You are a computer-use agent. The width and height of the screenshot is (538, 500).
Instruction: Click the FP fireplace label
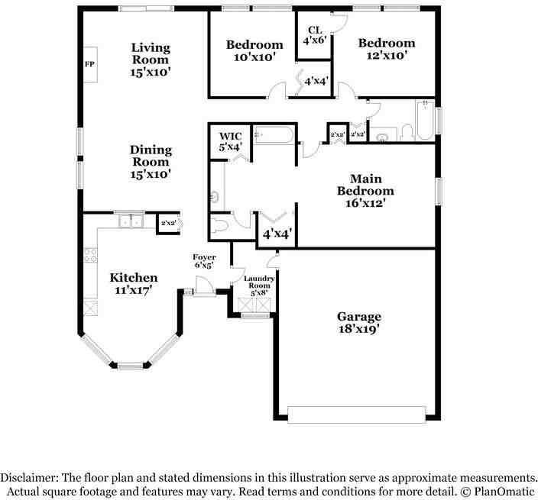(x=89, y=64)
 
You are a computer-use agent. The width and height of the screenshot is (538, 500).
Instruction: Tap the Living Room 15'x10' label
(x=151, y=60)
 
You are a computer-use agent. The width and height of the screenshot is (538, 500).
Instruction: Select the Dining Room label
(x=151, y=162)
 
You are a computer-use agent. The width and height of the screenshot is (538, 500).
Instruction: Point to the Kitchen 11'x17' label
(x=134, y=283)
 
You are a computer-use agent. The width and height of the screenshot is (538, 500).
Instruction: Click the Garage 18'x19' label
(x=359, y=322)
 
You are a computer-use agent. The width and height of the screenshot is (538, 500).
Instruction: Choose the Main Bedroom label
(x=365, y=191)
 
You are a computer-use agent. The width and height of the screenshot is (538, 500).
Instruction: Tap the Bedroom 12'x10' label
(x=387, y=49)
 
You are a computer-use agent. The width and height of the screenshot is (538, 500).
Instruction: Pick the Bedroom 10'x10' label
(x=254, y=50)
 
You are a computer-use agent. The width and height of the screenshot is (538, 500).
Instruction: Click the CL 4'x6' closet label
(x=315, y=35)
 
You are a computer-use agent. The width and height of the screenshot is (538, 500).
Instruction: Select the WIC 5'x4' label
(x=231, y=141)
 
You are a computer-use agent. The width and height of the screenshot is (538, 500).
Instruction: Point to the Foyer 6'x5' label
(x=204, y=261)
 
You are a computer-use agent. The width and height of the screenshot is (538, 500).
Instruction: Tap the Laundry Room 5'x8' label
(x=259, y=285)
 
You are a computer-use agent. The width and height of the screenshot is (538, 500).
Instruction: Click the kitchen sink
(x=131, y=221)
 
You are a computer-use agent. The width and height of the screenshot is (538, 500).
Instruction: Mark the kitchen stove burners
(x=91, y=255)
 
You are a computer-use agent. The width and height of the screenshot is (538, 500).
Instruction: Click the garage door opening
(x=356, y=415)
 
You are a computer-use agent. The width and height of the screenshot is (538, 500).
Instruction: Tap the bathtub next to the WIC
(x=274, y=135)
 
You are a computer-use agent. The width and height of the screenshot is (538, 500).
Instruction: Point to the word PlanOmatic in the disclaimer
(x=504, y=492)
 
